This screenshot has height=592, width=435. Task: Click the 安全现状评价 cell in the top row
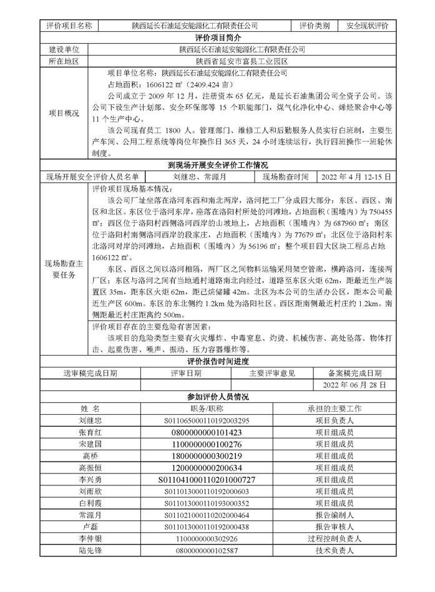pyautogui.click(x=367, y=26)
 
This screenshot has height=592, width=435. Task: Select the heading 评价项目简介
pyautogui.click(x=217, y=38)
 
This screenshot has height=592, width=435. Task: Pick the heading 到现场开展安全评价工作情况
pyautogui.click(x=217, y=165)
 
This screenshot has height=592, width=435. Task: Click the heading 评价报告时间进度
pyautogui.click(x=217, y=362)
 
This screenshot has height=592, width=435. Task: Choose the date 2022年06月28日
pyautogui.click(x=354, y=386)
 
